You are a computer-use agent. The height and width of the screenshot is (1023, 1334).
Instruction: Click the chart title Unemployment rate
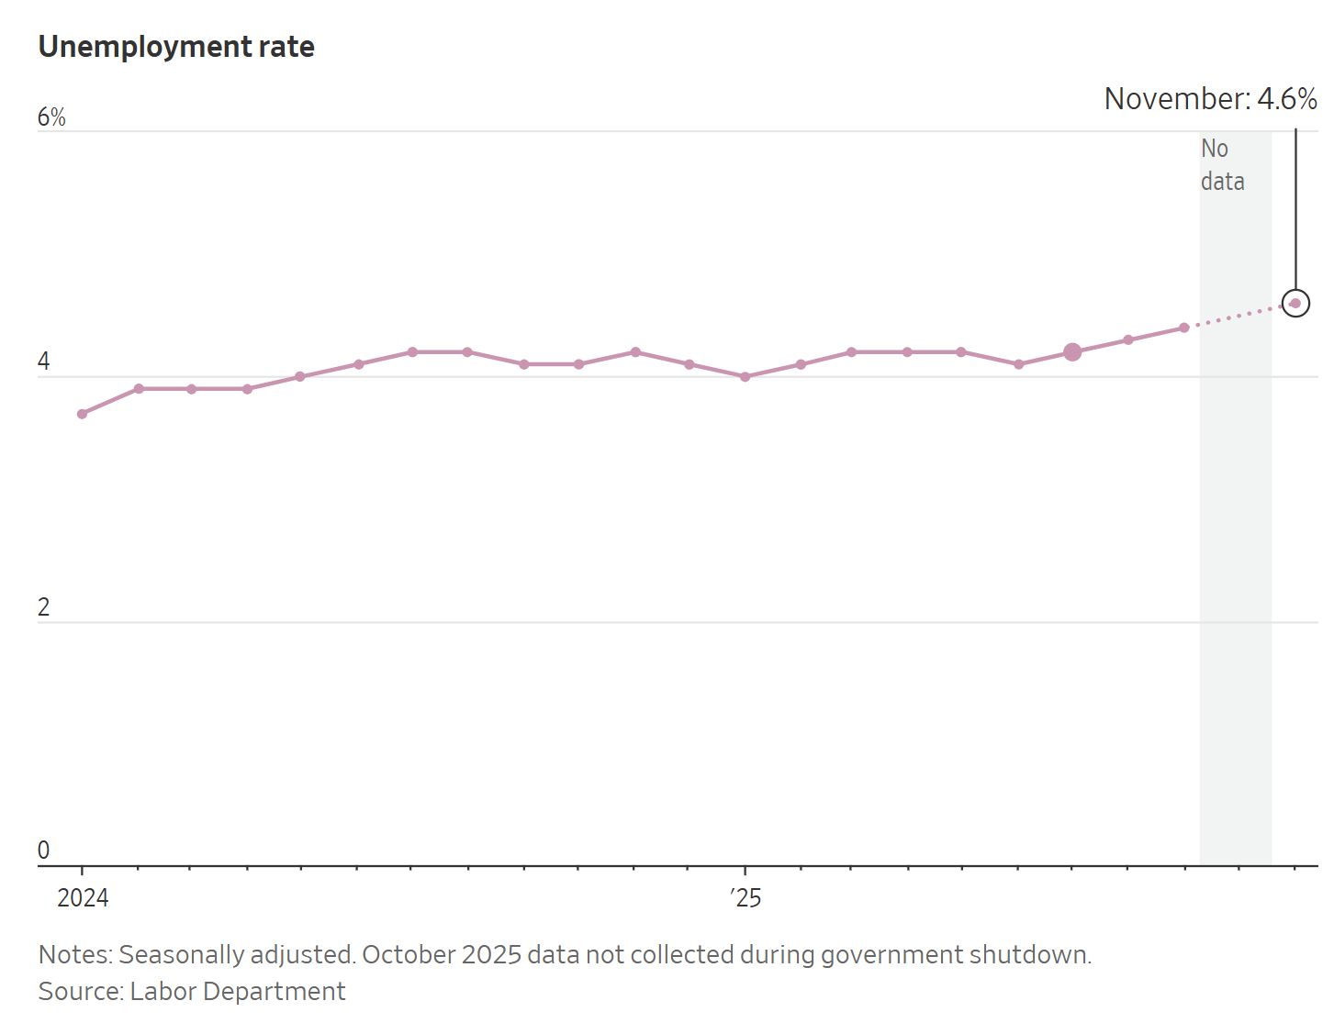[x=176, y=47]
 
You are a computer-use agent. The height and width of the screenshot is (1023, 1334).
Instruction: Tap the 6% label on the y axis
[x=51, y=117]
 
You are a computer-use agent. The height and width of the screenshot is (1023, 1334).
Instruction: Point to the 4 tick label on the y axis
[x=43, y=362]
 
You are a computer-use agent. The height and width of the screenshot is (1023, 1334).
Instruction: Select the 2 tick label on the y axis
[x=43, y=607]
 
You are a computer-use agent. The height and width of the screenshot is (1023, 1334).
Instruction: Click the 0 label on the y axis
[x=43, y=851]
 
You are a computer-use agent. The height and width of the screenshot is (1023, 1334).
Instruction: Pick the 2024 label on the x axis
[x=83, y=897]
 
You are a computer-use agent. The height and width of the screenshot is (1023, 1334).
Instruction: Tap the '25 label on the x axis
[x=746, y=897]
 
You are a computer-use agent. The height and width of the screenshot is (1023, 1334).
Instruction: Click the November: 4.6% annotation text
[x=1210, y=99]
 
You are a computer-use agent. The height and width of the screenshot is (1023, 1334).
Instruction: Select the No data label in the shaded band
[x=1222, y=165]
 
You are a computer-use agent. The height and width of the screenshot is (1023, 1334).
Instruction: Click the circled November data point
[x=1295, y=303]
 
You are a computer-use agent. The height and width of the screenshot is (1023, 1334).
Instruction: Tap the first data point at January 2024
[x=83, y=414]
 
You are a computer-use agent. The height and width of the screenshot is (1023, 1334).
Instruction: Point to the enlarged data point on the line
[x=1072, y=352]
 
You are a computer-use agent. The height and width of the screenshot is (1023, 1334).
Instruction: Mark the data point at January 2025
[x=745, y=376]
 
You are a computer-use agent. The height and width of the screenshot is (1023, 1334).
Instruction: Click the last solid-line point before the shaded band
[x=1184, y=328]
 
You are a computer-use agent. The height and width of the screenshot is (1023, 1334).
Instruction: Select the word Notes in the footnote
[x=73, y=955]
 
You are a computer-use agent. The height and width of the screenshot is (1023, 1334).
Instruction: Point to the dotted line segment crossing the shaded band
[x=1236, y=316]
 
